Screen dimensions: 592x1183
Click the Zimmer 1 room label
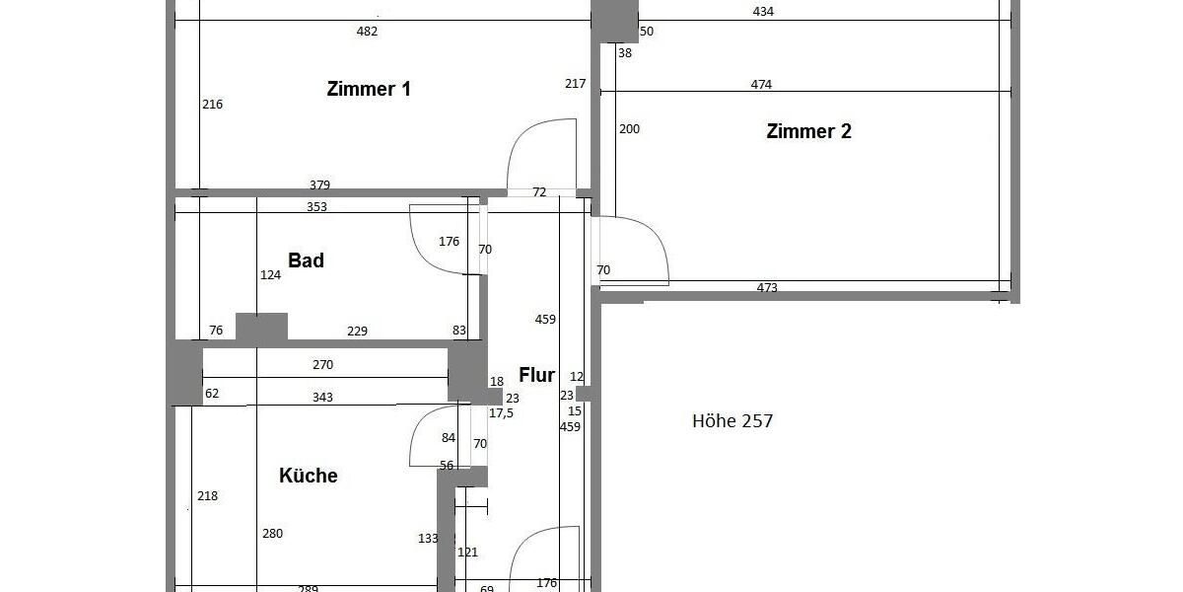(x=369, y=89)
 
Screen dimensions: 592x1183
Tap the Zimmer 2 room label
(x=808, y=131)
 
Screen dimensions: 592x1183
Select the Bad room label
(x=306, y=260)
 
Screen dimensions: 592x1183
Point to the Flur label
(x=537, y=375)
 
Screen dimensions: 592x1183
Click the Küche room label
(x=309, y=476)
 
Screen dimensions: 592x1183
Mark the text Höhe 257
(x=732, y=421)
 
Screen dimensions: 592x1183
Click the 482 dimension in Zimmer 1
(x=367, y=31)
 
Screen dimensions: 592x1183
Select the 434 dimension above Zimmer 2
(x=763, y=12)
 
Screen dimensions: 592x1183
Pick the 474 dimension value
(x=761, y=85)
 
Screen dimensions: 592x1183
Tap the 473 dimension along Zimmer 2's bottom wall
(x=767, y=288)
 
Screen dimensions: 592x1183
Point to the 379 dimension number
(x=319, y=185)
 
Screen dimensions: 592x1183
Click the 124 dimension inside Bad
(x=270, y=275)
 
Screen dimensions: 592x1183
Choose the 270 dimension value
(x=322, y=365)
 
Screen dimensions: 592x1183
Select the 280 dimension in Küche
(x=273, y=534)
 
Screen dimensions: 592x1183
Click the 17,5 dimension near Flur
(x=501, y=413)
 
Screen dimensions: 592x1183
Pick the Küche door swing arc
(x=429, y=439)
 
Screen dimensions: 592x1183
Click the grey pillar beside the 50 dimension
(x=614, y=20)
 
